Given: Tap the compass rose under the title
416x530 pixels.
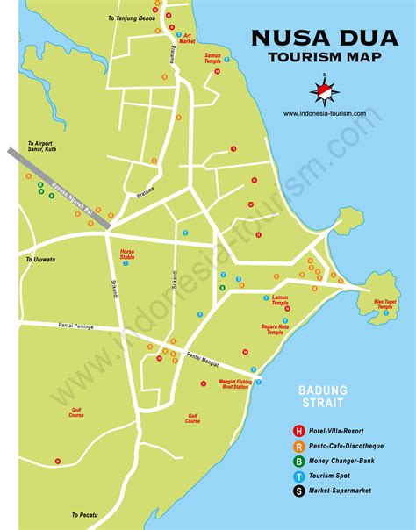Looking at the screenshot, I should (323, 90).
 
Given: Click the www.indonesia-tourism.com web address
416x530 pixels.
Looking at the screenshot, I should (331, 113).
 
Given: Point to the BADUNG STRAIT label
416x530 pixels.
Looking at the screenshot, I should (322, 396).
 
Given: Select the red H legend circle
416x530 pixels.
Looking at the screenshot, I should (298, 431).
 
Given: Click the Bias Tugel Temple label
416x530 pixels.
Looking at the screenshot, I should (385, 304).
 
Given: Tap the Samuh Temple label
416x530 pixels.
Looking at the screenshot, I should (212, 58).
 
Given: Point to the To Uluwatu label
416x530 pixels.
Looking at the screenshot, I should (40, 260).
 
